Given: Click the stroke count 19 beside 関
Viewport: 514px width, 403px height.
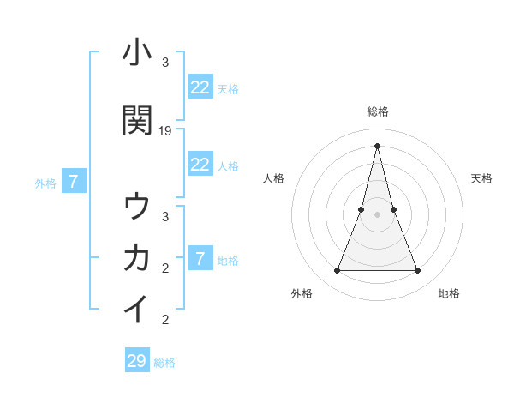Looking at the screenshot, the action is point(165,131).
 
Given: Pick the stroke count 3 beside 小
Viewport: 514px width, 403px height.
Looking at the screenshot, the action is point(164,63).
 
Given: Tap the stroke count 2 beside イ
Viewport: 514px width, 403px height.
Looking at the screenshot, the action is point(164,320).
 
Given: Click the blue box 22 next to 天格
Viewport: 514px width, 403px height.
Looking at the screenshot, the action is point(200,87).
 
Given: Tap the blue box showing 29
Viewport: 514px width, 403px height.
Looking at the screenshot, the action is point(137,361).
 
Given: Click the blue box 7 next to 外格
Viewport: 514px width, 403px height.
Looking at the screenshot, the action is point(74,182).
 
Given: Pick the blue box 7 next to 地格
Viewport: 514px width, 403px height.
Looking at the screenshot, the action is point(200,259).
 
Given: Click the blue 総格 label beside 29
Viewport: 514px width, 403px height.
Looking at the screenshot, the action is point(164,363).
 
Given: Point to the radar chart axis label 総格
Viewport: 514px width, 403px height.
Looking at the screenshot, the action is point(377,111).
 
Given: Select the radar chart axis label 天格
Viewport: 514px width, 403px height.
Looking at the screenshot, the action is point(481,178).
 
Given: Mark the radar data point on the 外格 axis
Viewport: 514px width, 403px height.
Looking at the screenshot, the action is point(337,271).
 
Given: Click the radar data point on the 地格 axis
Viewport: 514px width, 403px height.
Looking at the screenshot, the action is point(418,271).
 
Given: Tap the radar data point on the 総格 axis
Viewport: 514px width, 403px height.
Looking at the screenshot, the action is point(377,146).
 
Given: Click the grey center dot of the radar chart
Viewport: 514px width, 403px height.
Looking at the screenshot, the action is point(377,214).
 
